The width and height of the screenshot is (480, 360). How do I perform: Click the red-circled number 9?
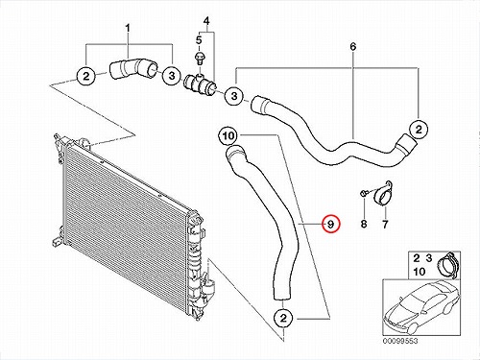(x=331, y=224)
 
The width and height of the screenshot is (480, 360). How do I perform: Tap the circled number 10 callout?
(x=228, y=136)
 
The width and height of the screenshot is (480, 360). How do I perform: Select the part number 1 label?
(x=128, y=29)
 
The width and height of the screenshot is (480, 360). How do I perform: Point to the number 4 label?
(x=206, y=21)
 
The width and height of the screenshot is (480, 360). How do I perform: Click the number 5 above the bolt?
(x=199, y=40)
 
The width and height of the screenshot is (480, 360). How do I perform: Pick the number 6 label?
(x=352, y=47)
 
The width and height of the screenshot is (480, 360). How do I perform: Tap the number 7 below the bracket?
(x=385, y=224)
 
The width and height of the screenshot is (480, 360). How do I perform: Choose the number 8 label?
(x=364, y=224)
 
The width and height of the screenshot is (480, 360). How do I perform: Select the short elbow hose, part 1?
(x=132, y=68)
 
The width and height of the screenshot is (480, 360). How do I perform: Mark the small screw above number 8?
(x=364, y=193)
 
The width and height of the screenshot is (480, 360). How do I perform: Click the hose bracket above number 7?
(x=383, y=195)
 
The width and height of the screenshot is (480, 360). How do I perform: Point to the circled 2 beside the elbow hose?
(x=86, y=77)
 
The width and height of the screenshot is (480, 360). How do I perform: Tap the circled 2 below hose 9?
(x=283, y=318)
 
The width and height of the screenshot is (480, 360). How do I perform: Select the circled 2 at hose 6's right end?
(x=419, y=130)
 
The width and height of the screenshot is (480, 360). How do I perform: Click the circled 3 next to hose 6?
(x=234, y=96)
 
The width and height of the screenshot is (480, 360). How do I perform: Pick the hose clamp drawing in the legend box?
(x=447, y=264)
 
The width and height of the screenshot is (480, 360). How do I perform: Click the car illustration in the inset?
(x=421, y=308)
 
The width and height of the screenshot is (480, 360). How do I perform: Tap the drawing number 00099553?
(x=400, y=341)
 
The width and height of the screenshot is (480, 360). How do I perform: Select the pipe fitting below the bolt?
(x=201, y=84)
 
